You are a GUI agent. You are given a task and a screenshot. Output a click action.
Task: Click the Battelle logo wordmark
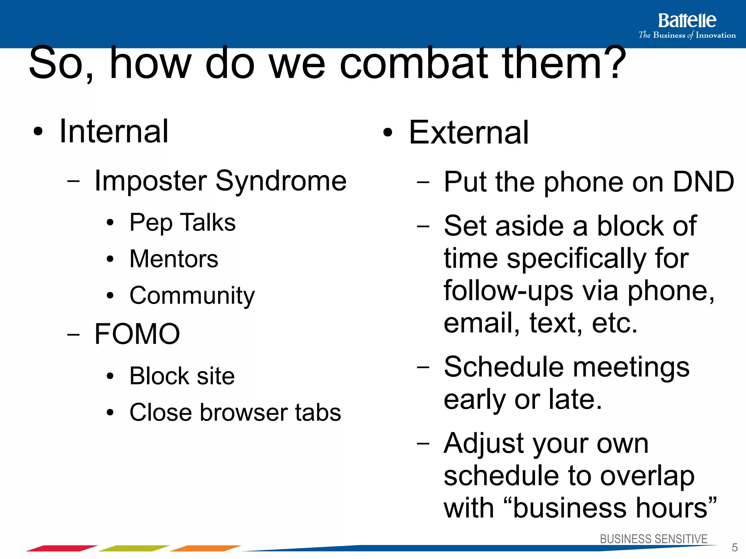(687, 21)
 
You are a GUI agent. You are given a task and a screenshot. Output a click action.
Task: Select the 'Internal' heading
(114, 131)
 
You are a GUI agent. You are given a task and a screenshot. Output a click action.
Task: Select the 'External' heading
(468, 132)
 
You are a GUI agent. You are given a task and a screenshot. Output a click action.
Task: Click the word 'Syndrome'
(281, 181)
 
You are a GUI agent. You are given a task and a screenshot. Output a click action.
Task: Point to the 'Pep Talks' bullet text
(182, 222)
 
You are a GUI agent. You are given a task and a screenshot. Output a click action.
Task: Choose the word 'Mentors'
(174, 259)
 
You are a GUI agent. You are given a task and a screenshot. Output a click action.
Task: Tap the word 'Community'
(192, 296)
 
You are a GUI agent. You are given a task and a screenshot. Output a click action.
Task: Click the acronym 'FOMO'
(137, 334)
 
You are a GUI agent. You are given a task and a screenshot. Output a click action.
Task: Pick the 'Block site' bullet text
(182, 376)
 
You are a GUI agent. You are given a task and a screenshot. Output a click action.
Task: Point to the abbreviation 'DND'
(703, 182)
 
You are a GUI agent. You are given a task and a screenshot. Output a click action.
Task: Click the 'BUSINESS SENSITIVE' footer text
(653, 539)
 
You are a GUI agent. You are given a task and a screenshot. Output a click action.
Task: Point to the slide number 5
(735, 547)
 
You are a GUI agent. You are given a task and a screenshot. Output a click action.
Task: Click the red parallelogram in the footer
(62, 548)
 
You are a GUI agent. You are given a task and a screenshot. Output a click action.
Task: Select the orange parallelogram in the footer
(205, 548)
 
